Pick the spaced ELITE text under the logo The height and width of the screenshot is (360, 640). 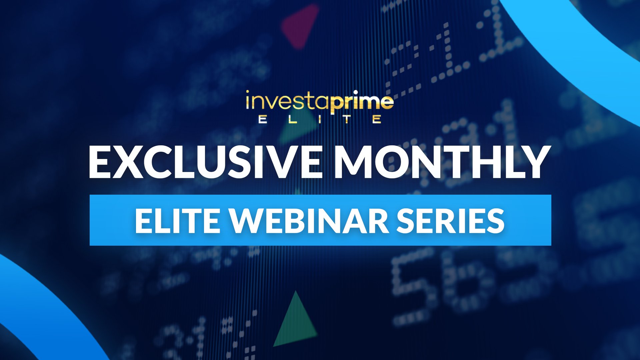coord(320,119)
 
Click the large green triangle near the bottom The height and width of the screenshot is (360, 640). coord(295,322)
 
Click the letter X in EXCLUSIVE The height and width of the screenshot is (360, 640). coord(128,162)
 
